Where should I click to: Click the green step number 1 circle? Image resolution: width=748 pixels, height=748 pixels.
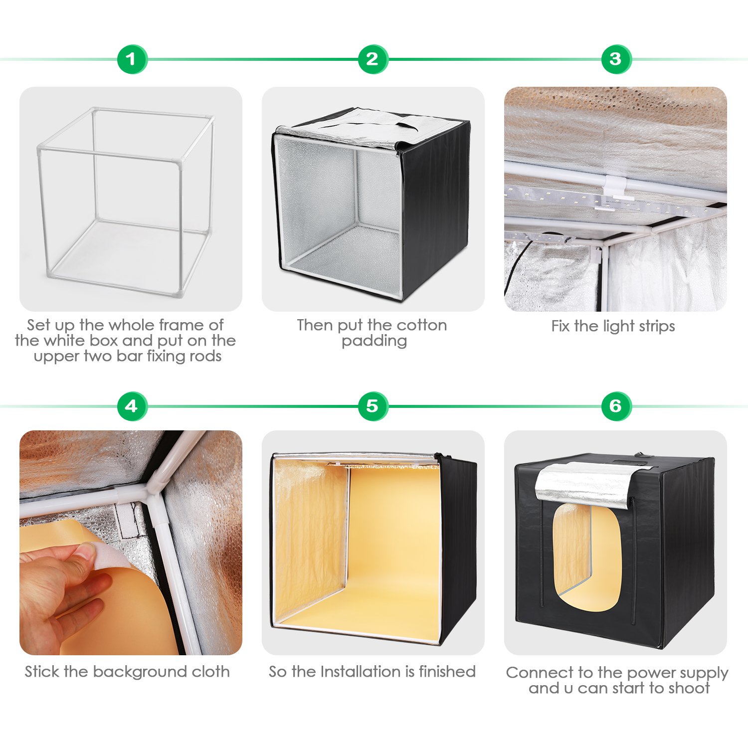[x=132, y=59]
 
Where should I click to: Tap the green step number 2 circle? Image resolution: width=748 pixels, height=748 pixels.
[x=373, y=59]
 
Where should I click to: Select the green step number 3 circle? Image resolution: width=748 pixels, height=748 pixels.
[x=616, y=59]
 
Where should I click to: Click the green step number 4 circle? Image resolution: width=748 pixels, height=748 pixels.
[x=132, y=406]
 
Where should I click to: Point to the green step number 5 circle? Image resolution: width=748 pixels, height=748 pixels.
[x=373, y=406]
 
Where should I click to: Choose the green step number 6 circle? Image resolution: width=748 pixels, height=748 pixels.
[x=616, y=406]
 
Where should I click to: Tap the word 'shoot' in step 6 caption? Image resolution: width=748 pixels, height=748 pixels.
[x=689, y=688]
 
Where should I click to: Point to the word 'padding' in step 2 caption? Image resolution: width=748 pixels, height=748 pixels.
[x=374, y=341]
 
